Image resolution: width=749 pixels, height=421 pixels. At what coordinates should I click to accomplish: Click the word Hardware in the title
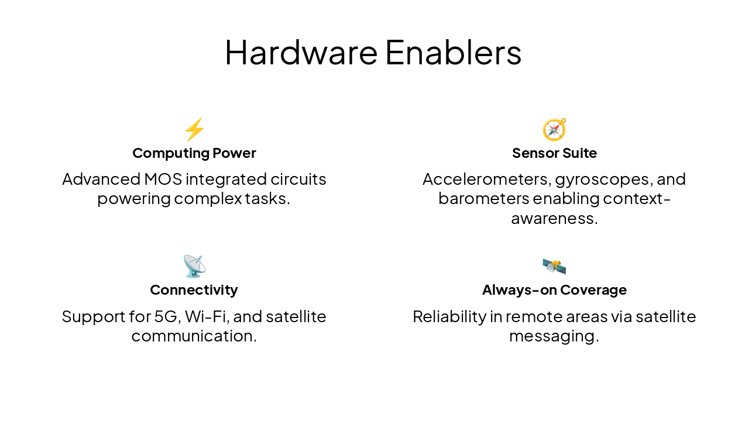point(301,52)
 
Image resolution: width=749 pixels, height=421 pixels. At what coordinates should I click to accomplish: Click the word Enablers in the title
point(453,52)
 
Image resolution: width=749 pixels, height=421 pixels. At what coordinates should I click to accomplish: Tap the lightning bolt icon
point(194,129)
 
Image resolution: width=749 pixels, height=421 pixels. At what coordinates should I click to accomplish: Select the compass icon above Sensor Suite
point(554,129)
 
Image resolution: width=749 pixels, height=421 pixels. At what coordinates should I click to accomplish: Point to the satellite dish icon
point(194,267)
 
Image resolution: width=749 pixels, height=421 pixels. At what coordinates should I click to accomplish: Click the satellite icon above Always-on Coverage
point(554,267)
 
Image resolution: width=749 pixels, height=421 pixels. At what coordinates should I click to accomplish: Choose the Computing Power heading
point(194,153)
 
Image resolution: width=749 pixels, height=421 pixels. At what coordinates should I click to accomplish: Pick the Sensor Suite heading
point(554,153)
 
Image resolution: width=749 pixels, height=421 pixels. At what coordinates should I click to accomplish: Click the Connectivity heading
point(194,290)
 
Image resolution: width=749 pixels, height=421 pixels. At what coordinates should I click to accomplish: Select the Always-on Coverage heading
point(554,290)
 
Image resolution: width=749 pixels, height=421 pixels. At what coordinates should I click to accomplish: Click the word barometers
point(483,199)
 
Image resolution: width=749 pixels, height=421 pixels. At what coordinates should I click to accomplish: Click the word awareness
point(552,219)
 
